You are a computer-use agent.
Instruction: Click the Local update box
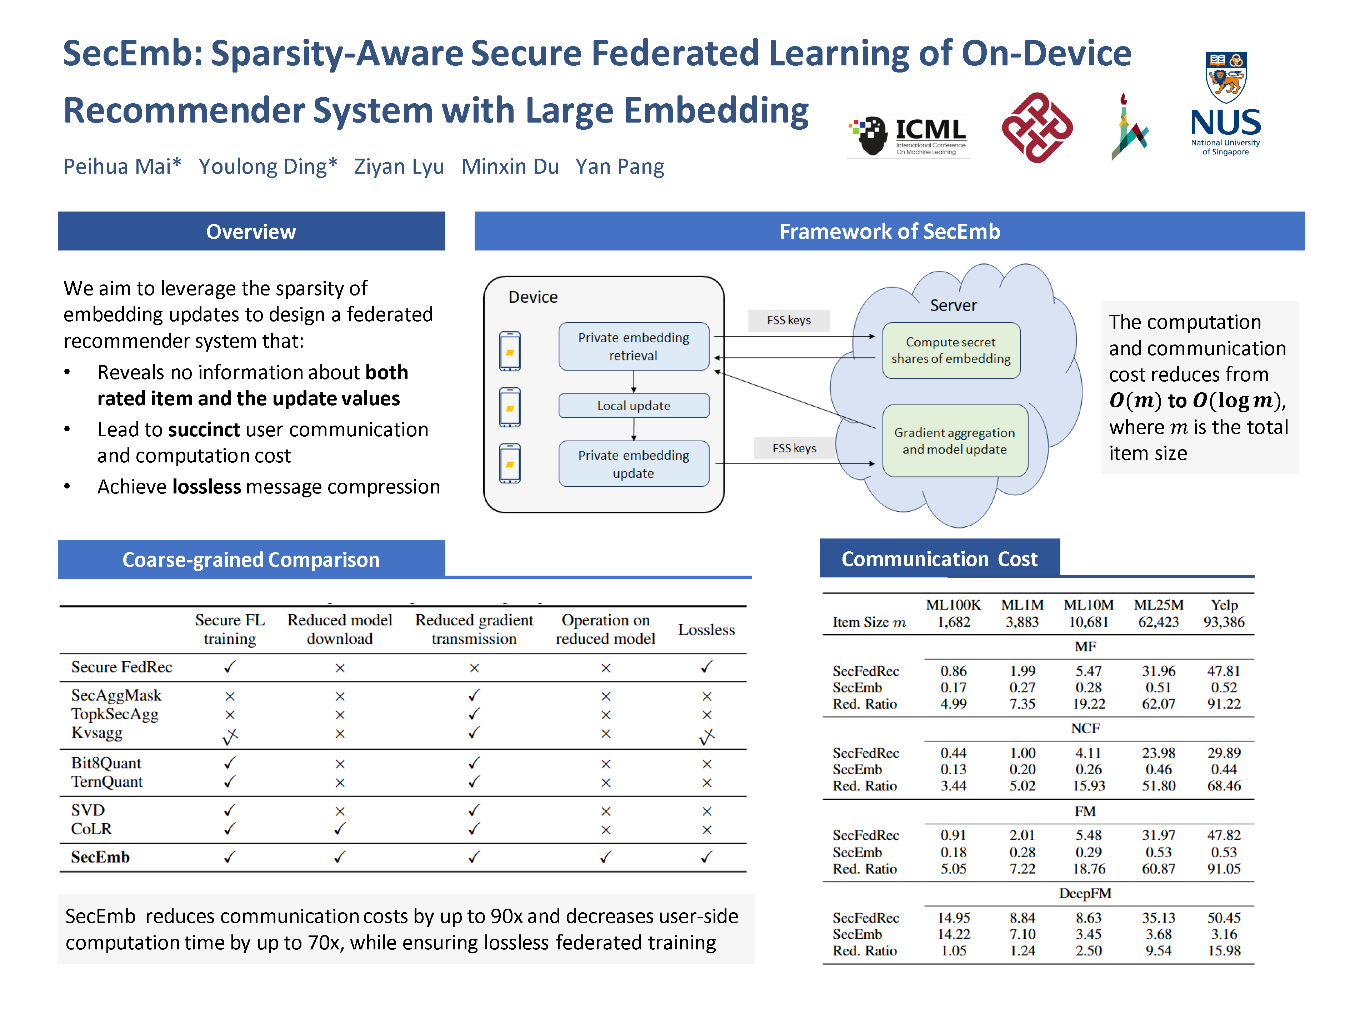[x=634, y=406]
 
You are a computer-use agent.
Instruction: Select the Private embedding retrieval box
[x=634, y=346]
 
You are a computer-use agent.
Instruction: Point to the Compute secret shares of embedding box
[x=950, y=351]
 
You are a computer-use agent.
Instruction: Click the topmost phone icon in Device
[x=510, y=351]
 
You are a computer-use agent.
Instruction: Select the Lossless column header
[x=706, y=630]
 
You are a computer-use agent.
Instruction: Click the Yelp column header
[x=1224, y=605]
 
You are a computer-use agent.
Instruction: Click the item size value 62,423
[x=1158, y=622]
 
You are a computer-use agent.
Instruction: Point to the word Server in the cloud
[x=953, y=305]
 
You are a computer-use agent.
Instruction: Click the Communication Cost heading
[x=939, y=559]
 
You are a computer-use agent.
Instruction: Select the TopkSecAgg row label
[x=115, y=714]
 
